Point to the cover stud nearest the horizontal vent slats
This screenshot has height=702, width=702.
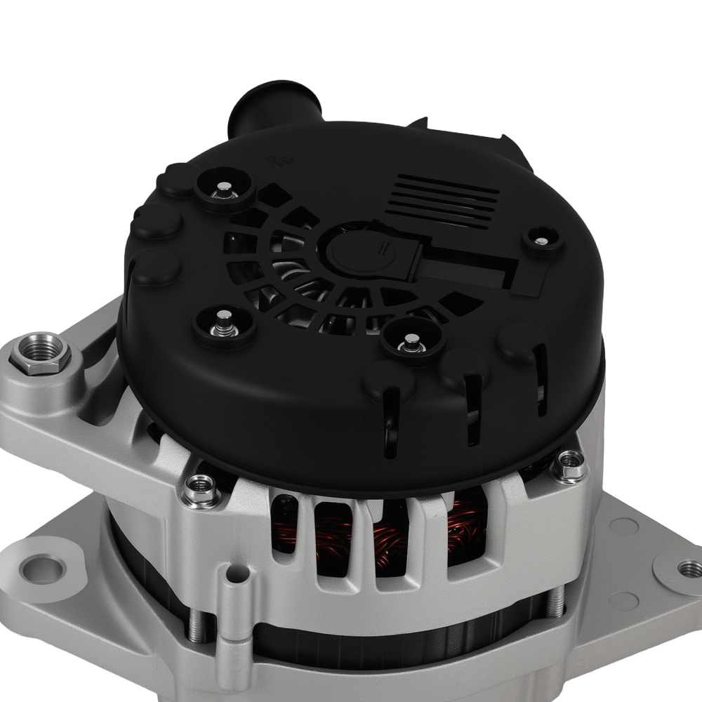pos(538,241)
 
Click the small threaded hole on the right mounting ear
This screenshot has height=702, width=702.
pos(685,566)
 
